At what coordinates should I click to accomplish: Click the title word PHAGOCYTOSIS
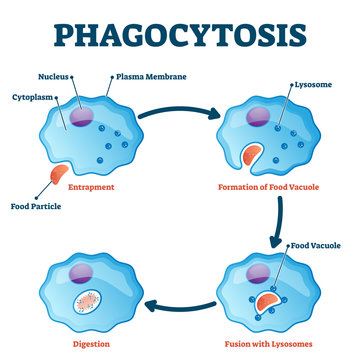tap(180, 33)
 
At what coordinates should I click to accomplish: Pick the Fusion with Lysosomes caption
tap(274, 343)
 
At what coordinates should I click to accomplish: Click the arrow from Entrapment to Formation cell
tap(177, 125)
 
